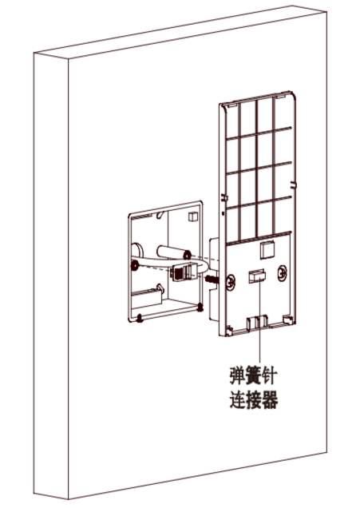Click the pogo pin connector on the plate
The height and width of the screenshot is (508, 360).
pyautogui.click(x=257, y=276)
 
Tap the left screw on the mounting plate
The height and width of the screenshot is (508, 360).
pyautogui.click(x=231, y=282)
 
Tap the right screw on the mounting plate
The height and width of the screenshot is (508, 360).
pyautogui.click(x=282, y=273)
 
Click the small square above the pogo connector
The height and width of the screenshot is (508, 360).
pyautogui.click(x=267, y=250)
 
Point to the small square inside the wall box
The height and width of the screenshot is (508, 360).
pyautogui.click(x=193, y=216)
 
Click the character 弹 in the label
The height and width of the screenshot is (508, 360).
pyautogui.click(x=237, y=375)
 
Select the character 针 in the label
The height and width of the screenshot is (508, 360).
pyautogui.click(x=269, y=375)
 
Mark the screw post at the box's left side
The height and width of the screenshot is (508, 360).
pyautogui.click(x=133, y=266)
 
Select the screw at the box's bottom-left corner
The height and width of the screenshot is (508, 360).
pyautogui.click(x=140, y=318)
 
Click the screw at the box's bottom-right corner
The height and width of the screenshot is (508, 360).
pyautogui.click(x=200, y=308)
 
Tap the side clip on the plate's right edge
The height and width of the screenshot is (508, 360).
pyautogui.click(x=293, y=185)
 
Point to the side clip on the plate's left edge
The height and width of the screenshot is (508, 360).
pyautogui.click(x=224, y=197)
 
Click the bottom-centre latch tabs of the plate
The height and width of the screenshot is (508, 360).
pyautogui.click(x=257, y=322)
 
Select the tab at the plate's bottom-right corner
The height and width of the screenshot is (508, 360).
pyautogui.click(x=288, y=319)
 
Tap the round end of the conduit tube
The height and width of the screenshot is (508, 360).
pyautogui.click(x=187, y=255)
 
